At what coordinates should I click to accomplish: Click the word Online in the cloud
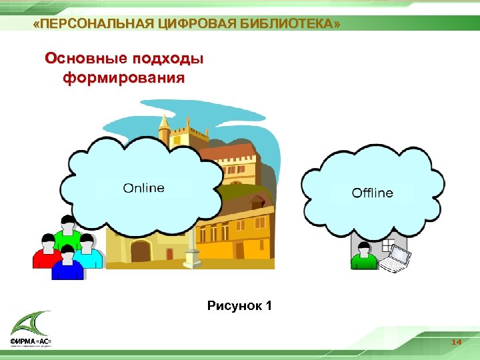[x=143, y=188]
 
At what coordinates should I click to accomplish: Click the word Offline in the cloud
[x=372, y=193]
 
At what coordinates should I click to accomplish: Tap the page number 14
[x=456, y=342]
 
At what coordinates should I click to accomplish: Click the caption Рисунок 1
[x=239, y=307]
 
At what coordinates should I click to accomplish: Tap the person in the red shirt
[x=45, y=252]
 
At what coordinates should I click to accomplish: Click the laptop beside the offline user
[x=398, y=259]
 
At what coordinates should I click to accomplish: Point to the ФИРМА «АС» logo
[x=31, y=331]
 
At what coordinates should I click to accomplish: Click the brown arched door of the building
[x=141, y=252]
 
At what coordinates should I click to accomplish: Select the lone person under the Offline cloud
[x=364, y=256]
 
